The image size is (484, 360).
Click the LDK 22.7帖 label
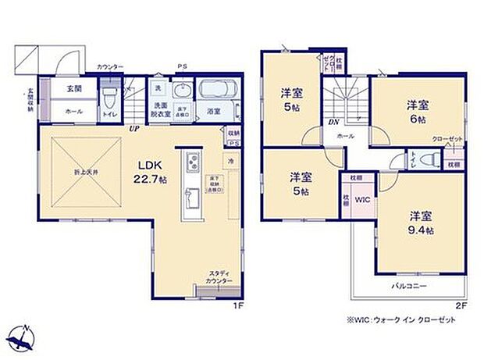pyautogui.click(x=151, y=170)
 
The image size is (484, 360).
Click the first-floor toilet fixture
pyautogui.click(x=109, y=98)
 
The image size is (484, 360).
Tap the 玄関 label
pyautogui.click(x=74, y=89)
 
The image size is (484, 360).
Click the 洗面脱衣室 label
pyautogui.click(x=161, y=109)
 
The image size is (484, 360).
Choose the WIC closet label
pyautogui.click(x=362, y=199)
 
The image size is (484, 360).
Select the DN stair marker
pyautogui.click(x=333, y=122)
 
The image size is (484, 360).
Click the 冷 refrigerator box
pyautogui.click(x=231, y=161)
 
